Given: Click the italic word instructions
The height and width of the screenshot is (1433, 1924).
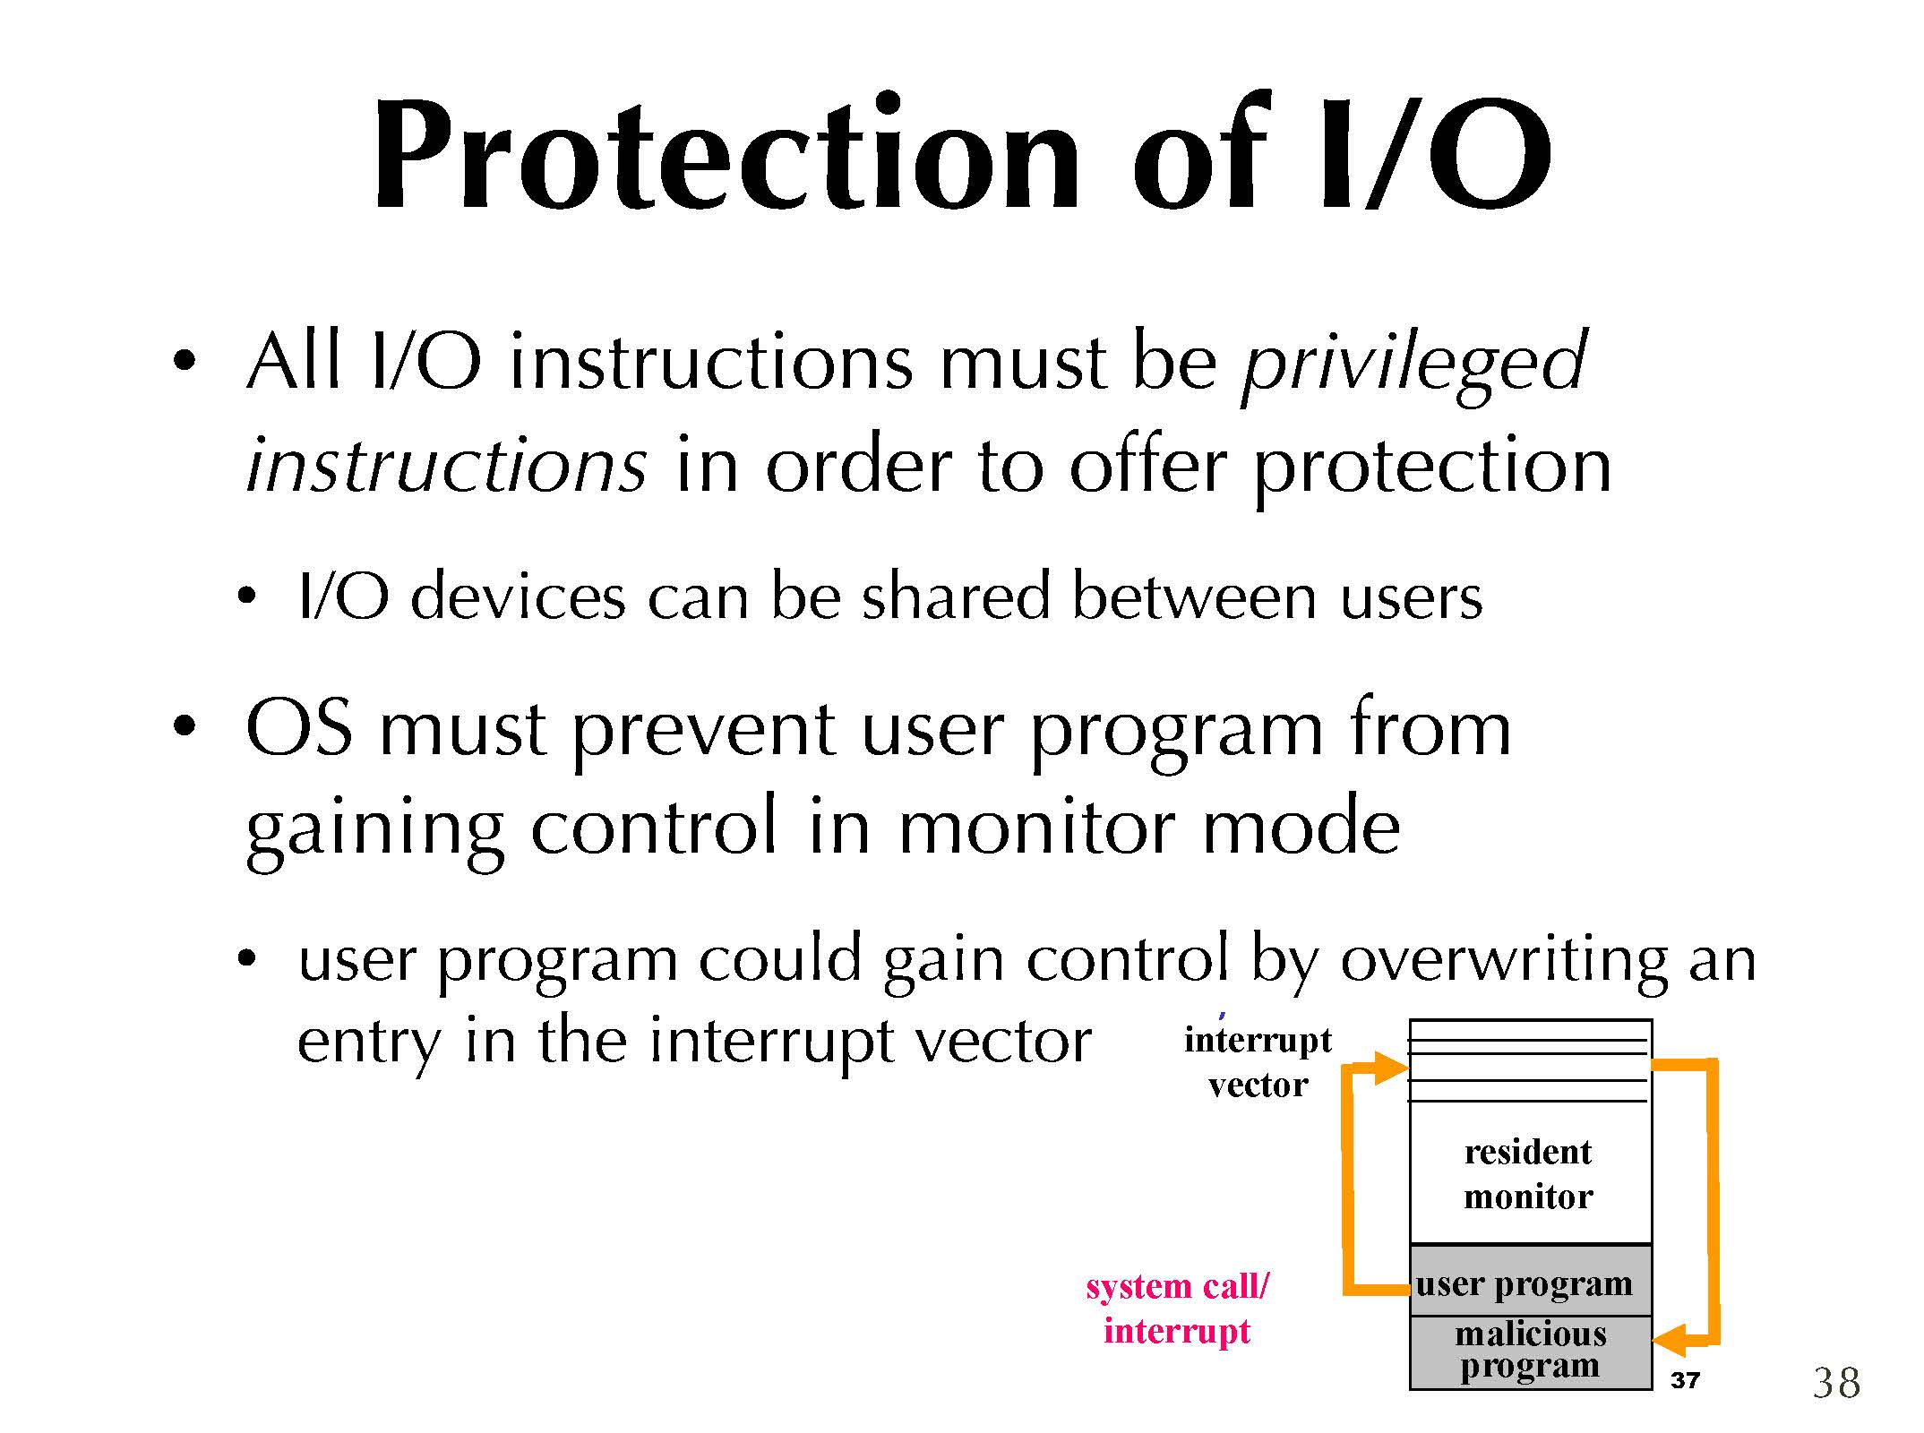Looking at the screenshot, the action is coord(446,464).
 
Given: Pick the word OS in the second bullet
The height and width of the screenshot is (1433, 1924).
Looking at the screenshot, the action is coord(299,729).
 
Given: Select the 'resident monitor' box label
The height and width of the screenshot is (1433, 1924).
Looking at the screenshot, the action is coord(1528,1174).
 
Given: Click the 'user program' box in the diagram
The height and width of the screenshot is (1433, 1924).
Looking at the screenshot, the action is coord(1530,1281).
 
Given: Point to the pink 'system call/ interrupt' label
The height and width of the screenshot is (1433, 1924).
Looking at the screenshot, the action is coord(1177,1308).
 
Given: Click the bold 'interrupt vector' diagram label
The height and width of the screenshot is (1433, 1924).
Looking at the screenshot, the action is coord(1258,1062).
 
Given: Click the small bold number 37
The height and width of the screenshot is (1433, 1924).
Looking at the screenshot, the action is coord(1685,1380).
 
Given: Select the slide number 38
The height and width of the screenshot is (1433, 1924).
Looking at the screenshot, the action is coord(1836,1383).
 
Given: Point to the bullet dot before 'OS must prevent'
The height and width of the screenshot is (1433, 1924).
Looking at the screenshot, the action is coord(185,725).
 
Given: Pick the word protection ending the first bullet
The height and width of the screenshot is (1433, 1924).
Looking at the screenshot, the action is coord(1431,468).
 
